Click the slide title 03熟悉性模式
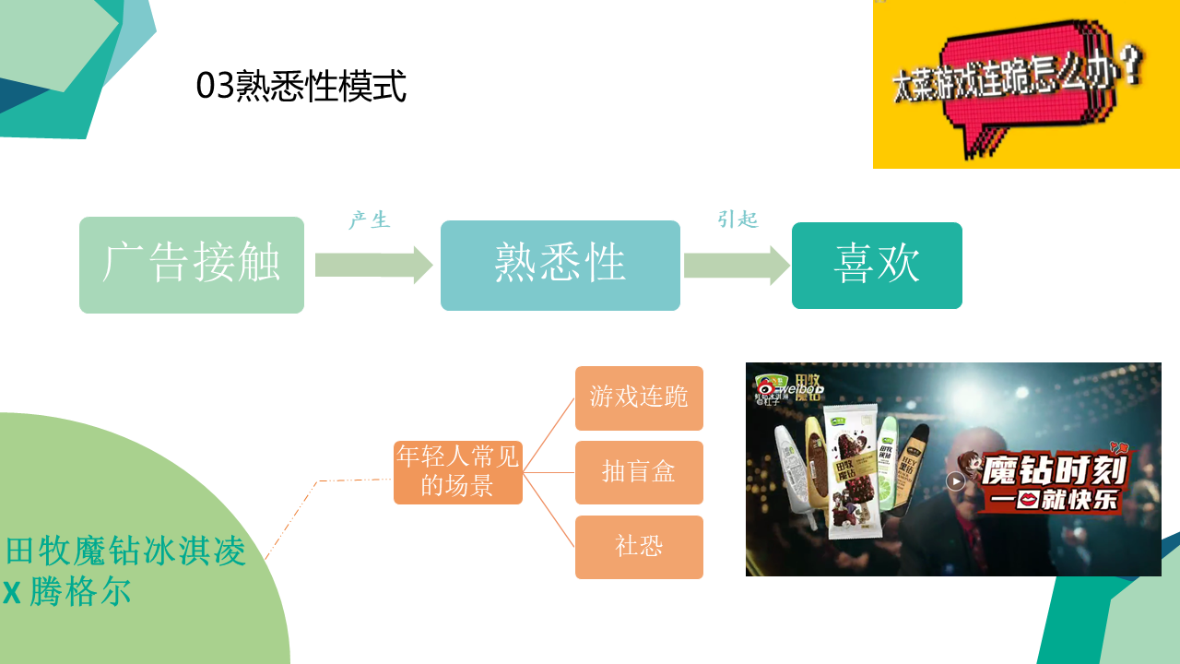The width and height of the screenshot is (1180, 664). click(301, 87)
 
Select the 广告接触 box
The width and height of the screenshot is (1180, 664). click(192, 265)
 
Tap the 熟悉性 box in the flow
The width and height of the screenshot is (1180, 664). click(560, 265)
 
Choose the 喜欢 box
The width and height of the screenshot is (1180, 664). click(877, 265)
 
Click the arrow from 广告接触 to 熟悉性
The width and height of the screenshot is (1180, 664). click(373, 265)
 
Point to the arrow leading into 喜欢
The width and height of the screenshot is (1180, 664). click(737, 265)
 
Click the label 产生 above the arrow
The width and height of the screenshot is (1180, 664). click(370, 220)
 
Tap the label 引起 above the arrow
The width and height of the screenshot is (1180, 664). click(737, 219)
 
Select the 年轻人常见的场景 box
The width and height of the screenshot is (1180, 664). click(458, 471)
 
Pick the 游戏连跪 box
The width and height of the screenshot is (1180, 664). click(639, 397)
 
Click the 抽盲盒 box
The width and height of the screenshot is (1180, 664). click(639, 472)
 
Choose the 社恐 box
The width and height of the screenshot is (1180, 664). click(639, 547)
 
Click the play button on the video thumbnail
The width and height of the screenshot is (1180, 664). click(956, 480)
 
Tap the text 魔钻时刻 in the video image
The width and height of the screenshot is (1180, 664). click(1054, 471)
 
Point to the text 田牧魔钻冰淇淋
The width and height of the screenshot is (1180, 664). click(126, 551)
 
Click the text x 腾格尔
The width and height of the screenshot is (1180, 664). click(66, 592)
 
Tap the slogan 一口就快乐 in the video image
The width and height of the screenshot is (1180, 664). click(1054, 501)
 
